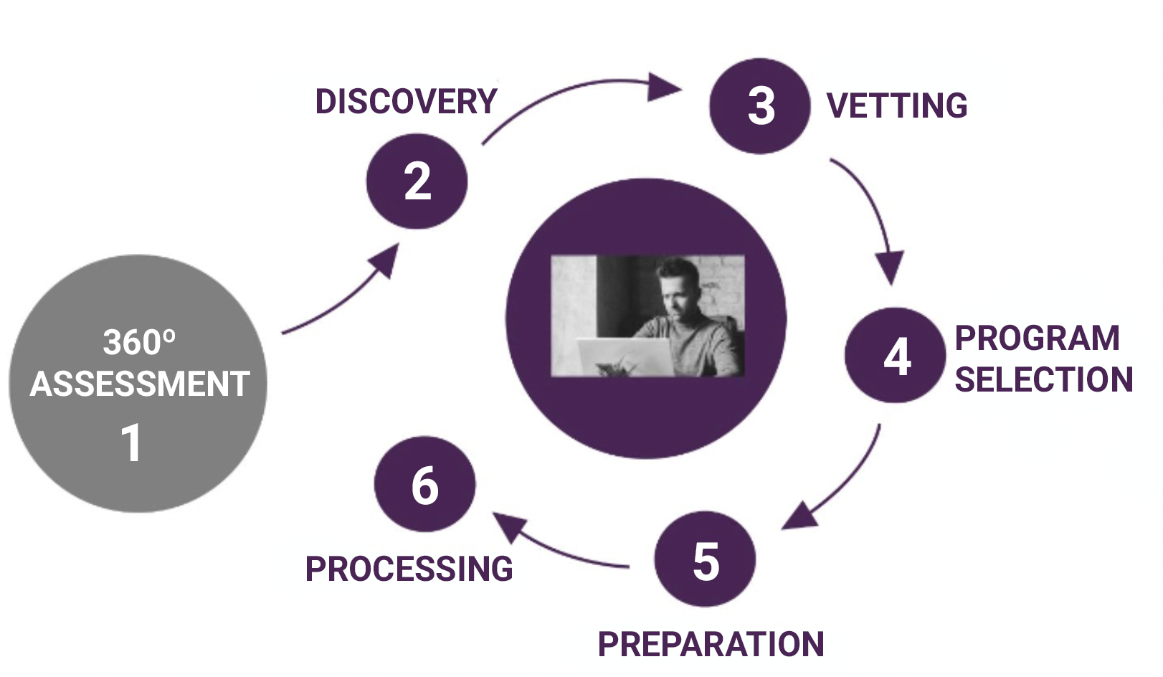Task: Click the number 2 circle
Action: point(417,181)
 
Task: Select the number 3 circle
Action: point(760,106)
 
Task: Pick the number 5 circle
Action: point(705,559)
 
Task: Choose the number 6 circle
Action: point(424,484)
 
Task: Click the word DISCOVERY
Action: point(406,102)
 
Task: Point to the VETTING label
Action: point(897,106)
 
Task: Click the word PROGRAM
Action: point(1037,338)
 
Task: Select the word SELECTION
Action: point(1043,380)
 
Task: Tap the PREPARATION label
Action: point(711,644)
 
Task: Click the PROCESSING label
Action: point(409,569)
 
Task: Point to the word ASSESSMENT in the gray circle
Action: point(140,384)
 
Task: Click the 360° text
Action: point(138,342)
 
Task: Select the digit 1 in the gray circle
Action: point(131,442)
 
